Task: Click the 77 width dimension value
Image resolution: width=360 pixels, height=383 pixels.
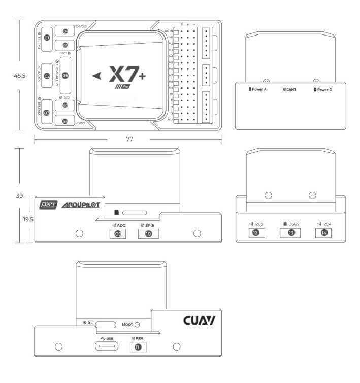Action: coord(129,139)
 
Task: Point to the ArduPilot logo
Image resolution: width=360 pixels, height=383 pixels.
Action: coord(81,205)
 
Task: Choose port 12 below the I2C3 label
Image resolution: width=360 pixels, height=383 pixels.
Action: coord(256,233)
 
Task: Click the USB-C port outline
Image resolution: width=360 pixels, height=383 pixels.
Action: coord(106,347)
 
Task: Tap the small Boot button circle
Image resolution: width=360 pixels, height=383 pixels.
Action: coord(137,325)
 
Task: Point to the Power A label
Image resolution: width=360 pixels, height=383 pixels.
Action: coord(260,89)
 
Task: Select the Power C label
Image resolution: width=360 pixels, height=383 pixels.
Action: coord(324,89)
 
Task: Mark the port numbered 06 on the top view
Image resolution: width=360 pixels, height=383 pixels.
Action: coord(66,75)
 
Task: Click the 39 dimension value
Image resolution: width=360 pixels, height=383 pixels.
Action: coord(20,195)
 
